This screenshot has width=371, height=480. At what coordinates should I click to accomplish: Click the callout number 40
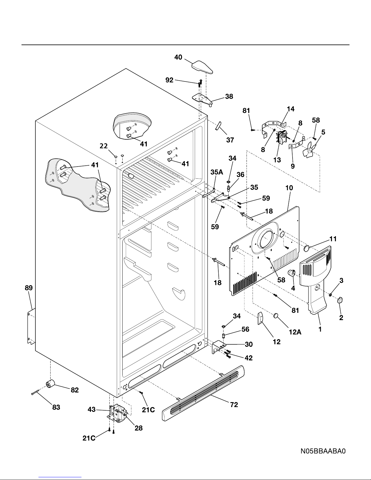point(178,57)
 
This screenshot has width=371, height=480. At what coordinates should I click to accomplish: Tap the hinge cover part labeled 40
point(202,67)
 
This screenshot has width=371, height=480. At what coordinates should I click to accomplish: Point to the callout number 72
point(234,405)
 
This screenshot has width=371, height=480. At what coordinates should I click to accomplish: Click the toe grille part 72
point(203,393)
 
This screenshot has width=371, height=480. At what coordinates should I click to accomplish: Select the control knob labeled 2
point(340,300)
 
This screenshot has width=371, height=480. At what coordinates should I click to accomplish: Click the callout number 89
point(29,288)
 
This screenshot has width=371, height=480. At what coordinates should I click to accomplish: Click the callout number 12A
point(295,332)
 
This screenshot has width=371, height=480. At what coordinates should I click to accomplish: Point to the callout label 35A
point(217,172)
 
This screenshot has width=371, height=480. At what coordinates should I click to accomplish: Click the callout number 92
point(169,80)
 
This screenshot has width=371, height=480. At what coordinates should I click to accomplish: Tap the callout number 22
point(104,146)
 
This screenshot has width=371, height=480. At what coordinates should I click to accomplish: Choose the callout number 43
point(92,409)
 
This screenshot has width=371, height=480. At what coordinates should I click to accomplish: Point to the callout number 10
point(289,188)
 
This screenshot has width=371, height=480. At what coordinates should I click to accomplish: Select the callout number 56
point(245,329)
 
